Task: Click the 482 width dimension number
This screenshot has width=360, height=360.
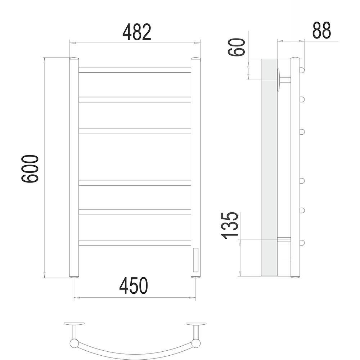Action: tap(137, 32)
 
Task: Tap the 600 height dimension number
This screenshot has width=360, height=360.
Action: tap(30, 169)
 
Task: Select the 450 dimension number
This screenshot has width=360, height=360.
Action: tap(134, 285)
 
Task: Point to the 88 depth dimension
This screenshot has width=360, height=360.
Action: tap(321, 30)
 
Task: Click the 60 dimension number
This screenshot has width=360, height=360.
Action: tap(237, 47)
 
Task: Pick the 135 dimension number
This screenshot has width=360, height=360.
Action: tap(229, 225)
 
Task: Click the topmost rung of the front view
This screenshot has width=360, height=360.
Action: tap(135, 70)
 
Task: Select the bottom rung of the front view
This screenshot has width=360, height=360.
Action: tap(135, 243)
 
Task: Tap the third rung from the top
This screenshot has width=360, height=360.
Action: tap(135, 131)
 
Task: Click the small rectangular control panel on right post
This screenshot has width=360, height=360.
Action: tap(196, 260)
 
